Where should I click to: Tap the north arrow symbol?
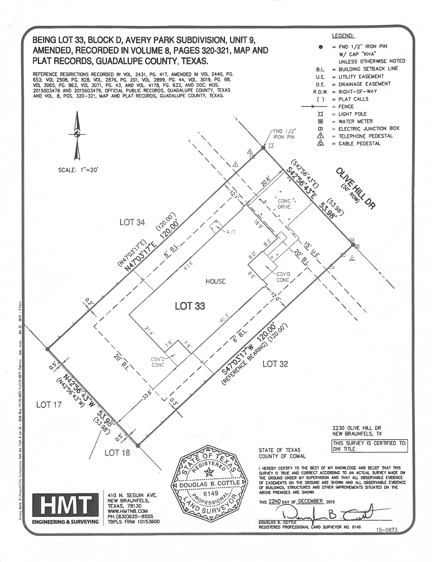tap(77, 135)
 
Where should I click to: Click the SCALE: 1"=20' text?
tap(78, 170)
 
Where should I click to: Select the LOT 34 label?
tap(132, 222)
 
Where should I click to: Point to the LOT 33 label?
tap(190, 306)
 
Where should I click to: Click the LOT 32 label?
tap(275, 364)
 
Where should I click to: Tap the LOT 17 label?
tap(49, 405)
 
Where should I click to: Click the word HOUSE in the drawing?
tap(215, 281)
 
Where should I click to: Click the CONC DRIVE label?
tap(284, 204)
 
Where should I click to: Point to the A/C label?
tap(231, 232)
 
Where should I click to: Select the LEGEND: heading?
tap(343, 36)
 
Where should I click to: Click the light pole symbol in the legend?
tap(321, 114)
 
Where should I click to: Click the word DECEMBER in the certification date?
tap(310, 501)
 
